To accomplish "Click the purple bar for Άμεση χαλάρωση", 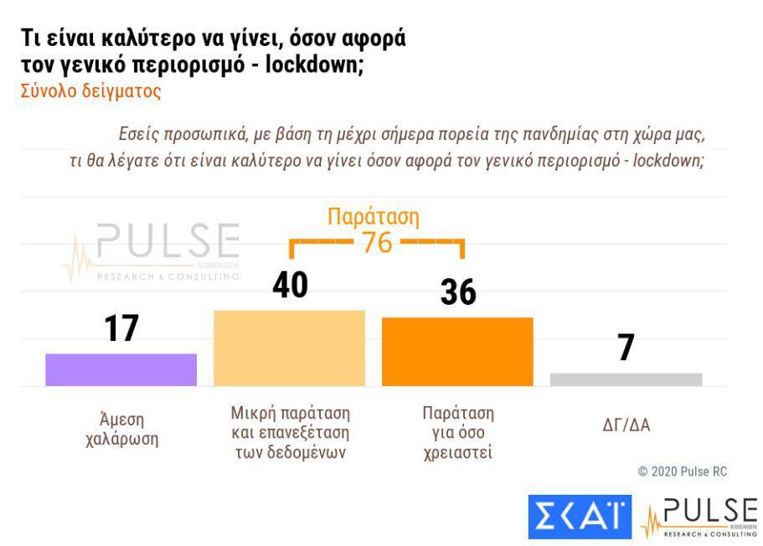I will point(121,369).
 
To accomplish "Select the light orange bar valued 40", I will point(289,348).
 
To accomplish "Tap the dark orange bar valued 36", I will point(457,351).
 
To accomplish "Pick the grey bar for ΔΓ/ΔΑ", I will point(626,379).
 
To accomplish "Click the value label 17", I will point(121,328).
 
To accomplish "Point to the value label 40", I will point(290,286).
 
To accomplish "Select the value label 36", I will point(457,292).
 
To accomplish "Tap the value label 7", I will point(626,348).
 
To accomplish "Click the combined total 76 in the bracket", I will point(377,243).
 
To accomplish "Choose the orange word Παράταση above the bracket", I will point(374,217).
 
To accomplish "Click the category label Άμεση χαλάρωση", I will point(121,429).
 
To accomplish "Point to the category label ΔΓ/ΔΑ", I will point(626,425).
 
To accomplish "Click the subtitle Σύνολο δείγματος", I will point(90,91).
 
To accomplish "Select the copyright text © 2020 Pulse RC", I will point(683,471).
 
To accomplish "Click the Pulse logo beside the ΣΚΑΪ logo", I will point(699,518).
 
